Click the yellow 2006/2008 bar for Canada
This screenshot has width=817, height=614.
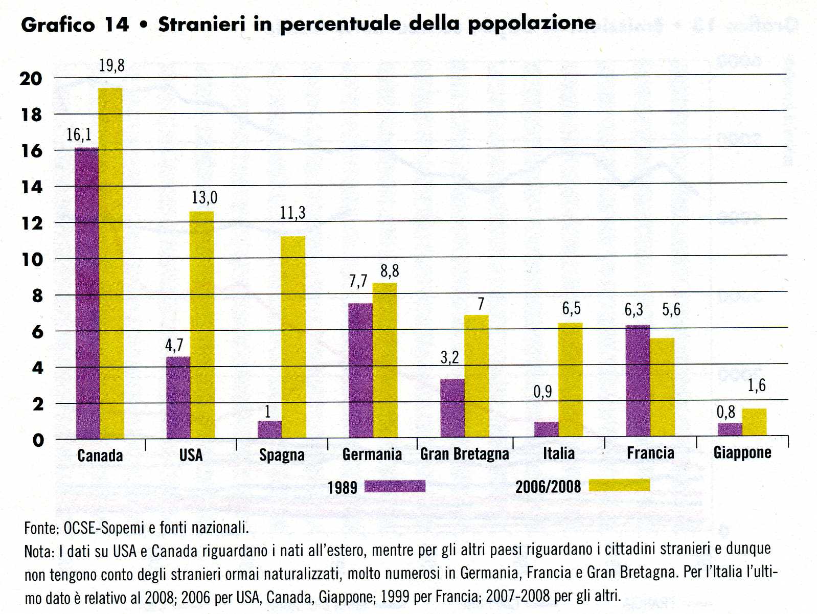[110, 263]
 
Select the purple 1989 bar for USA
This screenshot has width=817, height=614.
[178, 397]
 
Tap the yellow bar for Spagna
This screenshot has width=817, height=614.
[293, 337]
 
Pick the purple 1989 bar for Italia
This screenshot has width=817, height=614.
[546, 429]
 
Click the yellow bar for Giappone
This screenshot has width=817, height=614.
[754, 422]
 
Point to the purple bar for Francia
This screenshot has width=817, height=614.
[638, 381]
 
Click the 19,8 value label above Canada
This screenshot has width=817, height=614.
[111, 65]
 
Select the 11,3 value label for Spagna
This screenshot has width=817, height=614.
[292, 213]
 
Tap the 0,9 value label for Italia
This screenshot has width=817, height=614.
[542, 392]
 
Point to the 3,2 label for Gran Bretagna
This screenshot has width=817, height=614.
[449, 357]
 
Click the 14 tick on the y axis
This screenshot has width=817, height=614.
[32, 187]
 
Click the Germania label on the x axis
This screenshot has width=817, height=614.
[372, 454]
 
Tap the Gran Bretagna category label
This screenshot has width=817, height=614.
[464, 454]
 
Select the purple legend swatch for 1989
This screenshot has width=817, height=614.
[395, 486]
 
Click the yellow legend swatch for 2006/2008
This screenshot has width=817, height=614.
[619, 485]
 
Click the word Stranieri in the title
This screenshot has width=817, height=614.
[202, 24]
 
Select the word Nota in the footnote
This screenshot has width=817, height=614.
[37, 552]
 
